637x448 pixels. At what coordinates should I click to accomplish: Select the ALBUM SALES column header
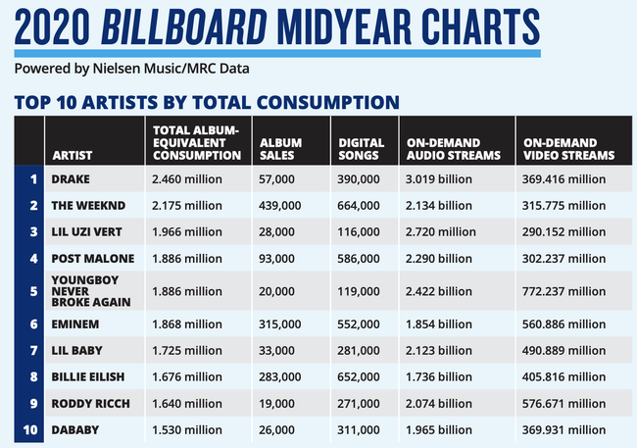[x=280, y=148]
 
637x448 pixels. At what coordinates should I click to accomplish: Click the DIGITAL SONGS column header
[x=361, y=148]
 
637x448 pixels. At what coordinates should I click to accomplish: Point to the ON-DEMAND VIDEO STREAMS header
[x=568, y=148]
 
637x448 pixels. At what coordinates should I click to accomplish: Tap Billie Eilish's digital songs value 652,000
[x=360, y=373]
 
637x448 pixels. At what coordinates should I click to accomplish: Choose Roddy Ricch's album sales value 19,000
[x=278, y=401]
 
